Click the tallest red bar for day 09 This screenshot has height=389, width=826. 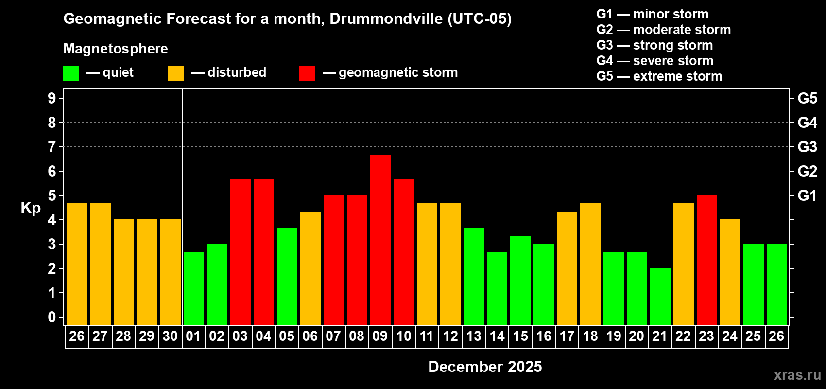[380, 239]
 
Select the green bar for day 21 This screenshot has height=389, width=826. [660, 296]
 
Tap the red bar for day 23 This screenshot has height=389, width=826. [707, 260]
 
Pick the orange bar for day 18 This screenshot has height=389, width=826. [590, 264]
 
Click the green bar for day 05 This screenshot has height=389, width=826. [287, 276]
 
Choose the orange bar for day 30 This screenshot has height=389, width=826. [171, 272]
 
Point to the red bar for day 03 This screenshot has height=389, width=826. [241, 251]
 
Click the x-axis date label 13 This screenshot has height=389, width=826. [474, 336]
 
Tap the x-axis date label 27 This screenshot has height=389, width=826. [100, 336]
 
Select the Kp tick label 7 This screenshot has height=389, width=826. [52, 147]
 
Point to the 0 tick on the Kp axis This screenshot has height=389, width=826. [52, 317]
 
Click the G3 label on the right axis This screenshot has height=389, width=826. [807, 147]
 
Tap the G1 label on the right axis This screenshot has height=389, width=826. [807, 195]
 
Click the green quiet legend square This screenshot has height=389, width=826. [71, 73]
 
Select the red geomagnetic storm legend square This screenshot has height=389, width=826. [307, 73]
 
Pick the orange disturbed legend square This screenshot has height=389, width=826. [176, 73]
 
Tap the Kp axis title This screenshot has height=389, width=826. [31, 208]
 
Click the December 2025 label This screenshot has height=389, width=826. [485, 367]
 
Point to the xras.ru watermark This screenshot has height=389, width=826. [797, 374]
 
